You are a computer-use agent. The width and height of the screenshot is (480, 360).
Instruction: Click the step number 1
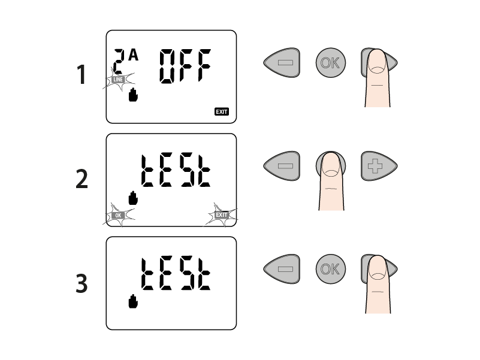[x=81, y=74]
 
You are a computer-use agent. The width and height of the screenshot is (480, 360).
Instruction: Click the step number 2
[x=81, y=179]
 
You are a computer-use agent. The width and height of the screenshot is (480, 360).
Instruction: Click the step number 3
[x=81, y=283]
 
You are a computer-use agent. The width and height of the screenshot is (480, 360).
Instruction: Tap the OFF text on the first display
[x=185, y=66]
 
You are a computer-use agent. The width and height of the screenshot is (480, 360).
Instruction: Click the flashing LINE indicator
[x=118, y=80]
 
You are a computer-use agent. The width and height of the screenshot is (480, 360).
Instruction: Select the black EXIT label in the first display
[x=222, y=112]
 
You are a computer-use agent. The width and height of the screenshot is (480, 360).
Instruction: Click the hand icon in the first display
[x=133, y=95]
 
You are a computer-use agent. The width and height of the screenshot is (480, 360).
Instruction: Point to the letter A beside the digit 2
[x=134, y=56]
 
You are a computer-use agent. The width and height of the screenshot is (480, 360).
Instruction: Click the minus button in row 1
[x=282, y=62]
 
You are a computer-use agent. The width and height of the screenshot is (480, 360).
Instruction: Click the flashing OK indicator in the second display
[x=118, y=215]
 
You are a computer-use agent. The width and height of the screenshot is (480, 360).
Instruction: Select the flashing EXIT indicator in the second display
[x=222, y=215]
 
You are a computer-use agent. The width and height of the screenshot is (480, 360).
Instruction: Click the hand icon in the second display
[x=133, y=198]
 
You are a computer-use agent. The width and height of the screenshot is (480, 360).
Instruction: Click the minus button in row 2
[x=282, y=166]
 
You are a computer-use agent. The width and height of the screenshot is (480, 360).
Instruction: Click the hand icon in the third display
[x=133, y=301]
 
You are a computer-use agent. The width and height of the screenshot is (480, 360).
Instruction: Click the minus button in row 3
[x=282, y=269]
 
